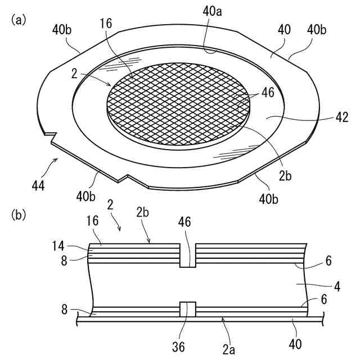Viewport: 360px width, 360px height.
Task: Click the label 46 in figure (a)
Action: (268, 92)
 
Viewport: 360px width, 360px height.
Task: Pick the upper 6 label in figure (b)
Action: (328, 260)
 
